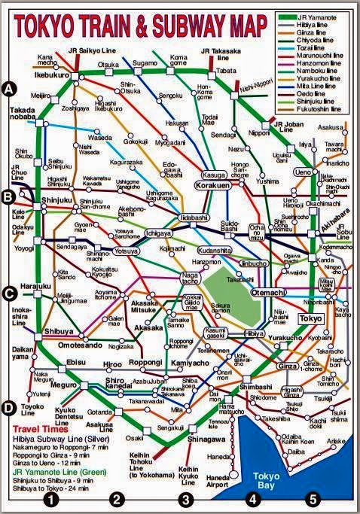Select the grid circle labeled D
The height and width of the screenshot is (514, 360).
pos(10,409)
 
